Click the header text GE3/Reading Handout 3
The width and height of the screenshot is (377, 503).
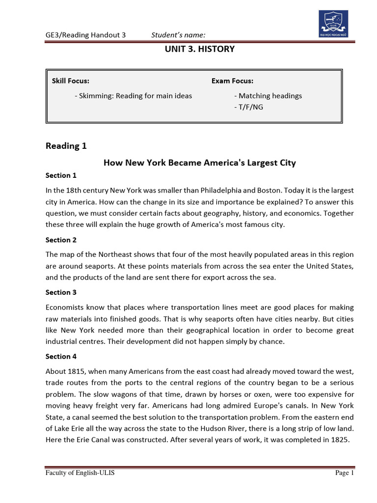(x=86, y=34)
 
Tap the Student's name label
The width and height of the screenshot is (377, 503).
(x=178, y=34)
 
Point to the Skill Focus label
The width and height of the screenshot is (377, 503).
(x=71, y=81)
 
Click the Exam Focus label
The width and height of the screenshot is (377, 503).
(x=232, y=81)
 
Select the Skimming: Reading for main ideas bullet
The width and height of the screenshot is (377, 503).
(x=133, y=96)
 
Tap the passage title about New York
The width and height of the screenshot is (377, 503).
(x=199, y=163)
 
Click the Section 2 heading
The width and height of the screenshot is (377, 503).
(x=61, y=240)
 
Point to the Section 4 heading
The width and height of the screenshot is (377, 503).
(x=61, y=356)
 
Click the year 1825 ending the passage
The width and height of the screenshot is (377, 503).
(x=339, y=440)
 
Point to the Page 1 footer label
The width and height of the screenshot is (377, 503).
(x=344, y=473)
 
